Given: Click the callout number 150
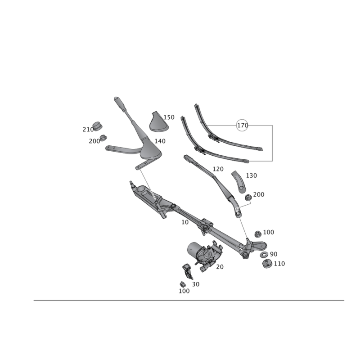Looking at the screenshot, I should pos(169,117).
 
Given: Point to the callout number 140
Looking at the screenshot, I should pos(160,141).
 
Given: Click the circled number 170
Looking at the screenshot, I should pos(243,125).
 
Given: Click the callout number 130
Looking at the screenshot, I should pos(251,175).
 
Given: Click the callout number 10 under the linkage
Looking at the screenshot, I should pos(184,222).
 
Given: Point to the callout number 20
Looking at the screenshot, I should pos(220,266).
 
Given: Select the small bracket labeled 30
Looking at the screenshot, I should pos(187,271).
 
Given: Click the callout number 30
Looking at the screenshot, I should pos(195,283).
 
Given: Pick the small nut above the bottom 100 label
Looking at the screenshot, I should pos(182,283).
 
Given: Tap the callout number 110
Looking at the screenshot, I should pos(279,263).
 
